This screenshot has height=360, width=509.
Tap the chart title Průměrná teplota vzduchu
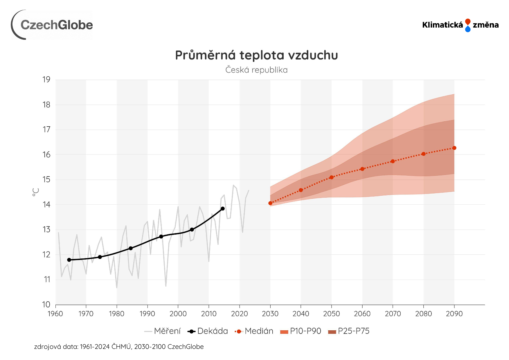(256, 55)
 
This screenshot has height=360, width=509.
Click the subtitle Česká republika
(256, 70)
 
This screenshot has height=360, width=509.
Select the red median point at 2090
(454, 148)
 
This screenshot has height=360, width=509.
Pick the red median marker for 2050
(332, 177)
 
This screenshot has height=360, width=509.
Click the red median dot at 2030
(270, 203)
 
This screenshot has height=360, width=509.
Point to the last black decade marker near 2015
(223, 209)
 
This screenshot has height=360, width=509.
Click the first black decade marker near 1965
(69, 260)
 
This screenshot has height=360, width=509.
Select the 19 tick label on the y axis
(46, 80)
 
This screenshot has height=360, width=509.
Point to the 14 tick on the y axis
(46, 205)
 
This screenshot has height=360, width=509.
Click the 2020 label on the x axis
(240, 314)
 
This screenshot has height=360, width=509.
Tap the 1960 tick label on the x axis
(55, 314)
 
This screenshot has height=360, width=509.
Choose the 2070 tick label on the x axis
(393, 314)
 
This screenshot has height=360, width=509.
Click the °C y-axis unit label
(36, 192)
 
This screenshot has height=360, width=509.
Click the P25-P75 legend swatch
(332, 332)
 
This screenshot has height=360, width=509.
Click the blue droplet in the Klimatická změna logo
(468, 29)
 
